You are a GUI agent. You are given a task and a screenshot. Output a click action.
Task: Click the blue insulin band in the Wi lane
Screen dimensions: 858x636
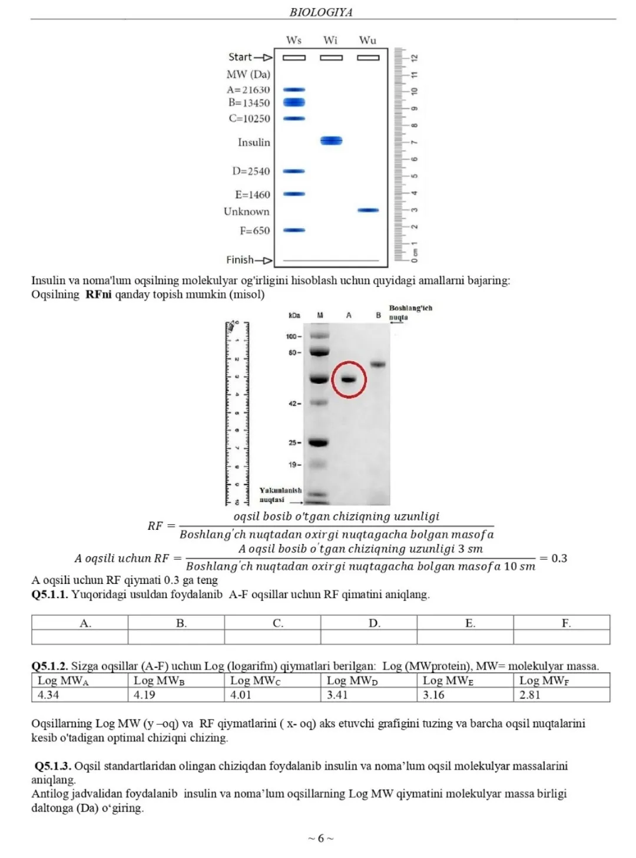click(331, 141)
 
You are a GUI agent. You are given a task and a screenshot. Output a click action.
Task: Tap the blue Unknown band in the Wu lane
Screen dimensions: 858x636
click(368, 210)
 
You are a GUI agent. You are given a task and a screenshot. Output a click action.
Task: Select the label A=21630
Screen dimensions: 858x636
click(248, 90)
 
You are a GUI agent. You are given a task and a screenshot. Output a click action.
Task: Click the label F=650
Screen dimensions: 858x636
click(254, 231)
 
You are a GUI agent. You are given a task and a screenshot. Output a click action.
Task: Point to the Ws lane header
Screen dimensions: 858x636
click(294, 41)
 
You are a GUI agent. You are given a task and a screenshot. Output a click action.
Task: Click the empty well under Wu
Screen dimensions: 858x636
click(368, 58)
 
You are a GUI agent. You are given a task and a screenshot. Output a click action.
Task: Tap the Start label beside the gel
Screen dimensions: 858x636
click(240, 57)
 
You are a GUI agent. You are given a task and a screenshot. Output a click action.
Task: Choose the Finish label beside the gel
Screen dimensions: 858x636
click(240, 260)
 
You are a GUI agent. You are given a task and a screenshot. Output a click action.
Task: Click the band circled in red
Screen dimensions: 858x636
click(349, 379)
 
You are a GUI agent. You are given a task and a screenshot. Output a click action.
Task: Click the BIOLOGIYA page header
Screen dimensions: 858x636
click(321, 12)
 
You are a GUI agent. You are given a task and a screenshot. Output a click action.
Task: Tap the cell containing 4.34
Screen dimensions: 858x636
click(79, 695)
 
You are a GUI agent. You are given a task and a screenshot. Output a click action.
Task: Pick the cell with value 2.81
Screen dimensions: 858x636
click(561, 695)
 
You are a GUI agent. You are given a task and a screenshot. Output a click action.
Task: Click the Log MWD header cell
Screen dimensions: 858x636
click(369, 681)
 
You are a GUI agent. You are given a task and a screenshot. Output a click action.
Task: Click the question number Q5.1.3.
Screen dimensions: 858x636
click(53, 766)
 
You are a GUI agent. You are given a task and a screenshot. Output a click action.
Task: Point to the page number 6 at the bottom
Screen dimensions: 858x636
click(321, 839)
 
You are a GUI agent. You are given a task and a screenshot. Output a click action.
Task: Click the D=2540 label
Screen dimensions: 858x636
click(251, 171)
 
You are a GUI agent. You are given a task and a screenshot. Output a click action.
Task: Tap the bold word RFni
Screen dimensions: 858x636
click(98, 295)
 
